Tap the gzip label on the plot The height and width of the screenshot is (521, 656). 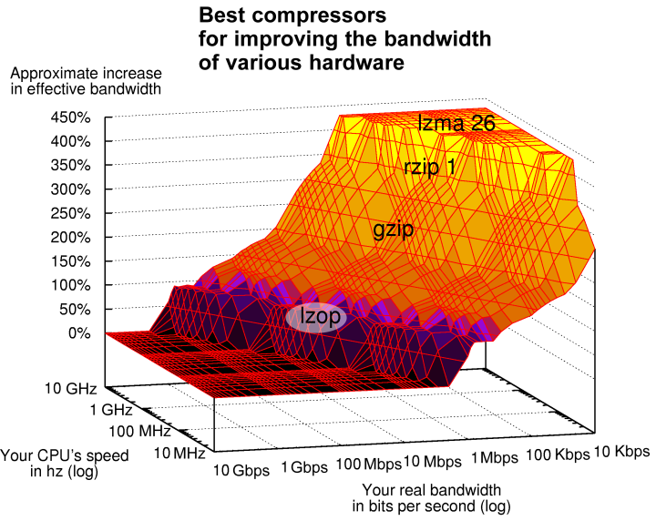394,230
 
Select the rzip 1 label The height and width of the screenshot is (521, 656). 430,168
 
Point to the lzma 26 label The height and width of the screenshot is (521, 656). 456,125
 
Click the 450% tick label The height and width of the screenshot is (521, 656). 70,118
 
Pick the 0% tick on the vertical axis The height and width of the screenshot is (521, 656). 80,333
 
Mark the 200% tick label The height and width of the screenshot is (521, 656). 70,238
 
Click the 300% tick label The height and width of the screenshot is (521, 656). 70,190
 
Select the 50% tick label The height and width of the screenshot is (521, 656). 76,310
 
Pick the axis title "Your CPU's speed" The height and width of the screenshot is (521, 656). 65,455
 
